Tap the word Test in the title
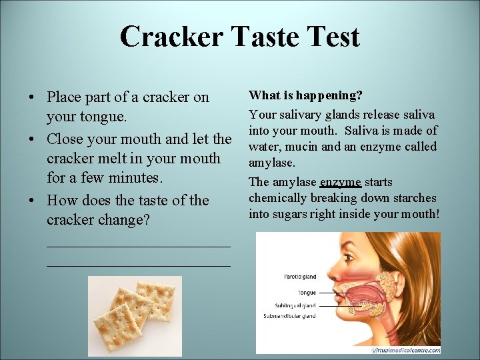click(x=331, y=37)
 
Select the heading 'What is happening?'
click(x=305, y=96)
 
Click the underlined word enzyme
click(x=340, y=182)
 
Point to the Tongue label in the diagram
click(x=307, y=293)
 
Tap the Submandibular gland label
click(x=290, y=316)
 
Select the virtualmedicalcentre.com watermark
click(x=405, y=349)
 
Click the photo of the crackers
click(x=135, y=315)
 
